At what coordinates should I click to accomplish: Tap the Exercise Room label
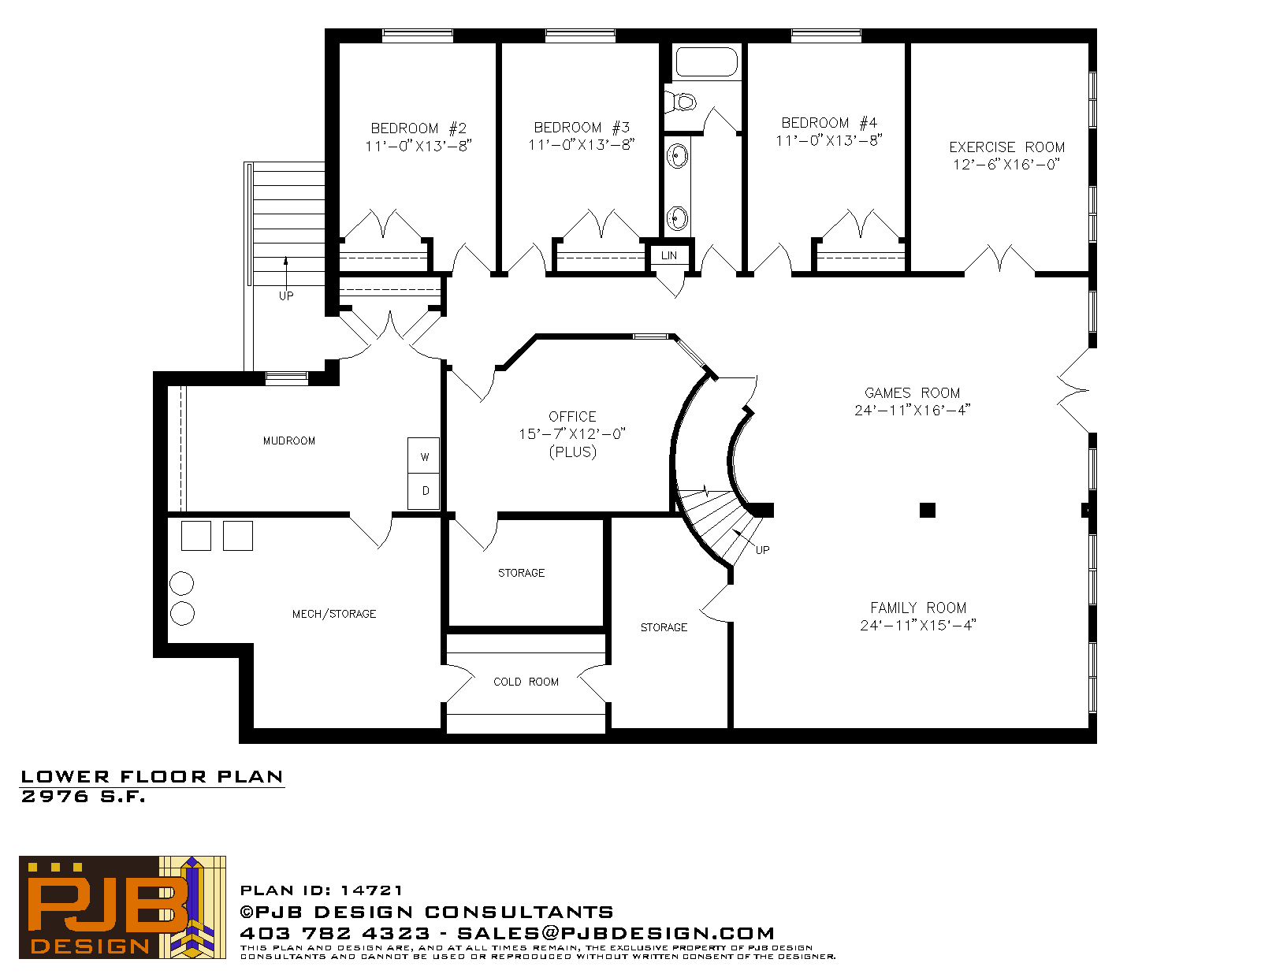click(1006, 147)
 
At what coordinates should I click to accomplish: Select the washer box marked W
click(424, 456)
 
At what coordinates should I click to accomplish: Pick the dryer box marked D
click(424, 492)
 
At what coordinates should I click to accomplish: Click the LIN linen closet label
click(668, 255)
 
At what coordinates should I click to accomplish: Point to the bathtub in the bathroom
click(706, 61)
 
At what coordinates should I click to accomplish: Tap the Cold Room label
click(526, 682)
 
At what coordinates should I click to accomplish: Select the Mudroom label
click(289, 441)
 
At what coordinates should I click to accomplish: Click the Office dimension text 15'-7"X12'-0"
click(572, 434)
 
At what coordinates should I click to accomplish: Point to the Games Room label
click(912, 392)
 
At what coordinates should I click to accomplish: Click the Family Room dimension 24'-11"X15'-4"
click(918, 626)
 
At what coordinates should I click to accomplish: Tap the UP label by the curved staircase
click(763, 550)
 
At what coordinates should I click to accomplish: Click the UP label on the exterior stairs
click(286, 296)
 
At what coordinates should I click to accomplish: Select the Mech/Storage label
click(334, 614)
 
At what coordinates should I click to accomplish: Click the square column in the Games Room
click(928, 510)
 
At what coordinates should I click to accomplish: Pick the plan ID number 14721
click(371, 890)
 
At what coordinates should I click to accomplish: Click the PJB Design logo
click(122, 907)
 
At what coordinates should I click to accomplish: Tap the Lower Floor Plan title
click(152, 777)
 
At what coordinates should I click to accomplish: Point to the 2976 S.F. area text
click(83, 797)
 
